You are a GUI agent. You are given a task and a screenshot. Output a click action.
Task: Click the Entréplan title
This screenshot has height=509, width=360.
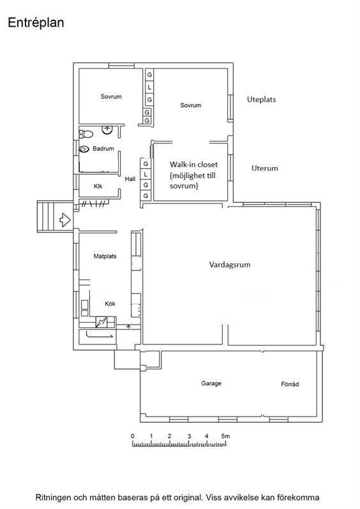(x=36, y=23)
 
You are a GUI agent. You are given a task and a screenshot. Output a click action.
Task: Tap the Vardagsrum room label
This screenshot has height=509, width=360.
(x=230, y=265)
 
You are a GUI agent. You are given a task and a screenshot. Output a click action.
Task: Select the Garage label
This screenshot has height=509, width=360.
(x=211, y=383)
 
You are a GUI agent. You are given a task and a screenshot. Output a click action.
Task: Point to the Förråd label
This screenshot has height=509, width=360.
(x=290, y=384)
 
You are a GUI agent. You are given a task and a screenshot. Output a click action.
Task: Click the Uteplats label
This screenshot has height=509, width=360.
(x=262, y=100)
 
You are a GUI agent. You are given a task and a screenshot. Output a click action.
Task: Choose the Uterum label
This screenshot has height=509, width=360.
(x=265, y=168)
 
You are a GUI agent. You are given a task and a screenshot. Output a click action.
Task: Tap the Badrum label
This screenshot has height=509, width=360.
(x=103, y=149)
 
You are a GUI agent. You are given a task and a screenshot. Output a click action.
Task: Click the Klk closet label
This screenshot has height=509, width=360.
(x=98, y=186)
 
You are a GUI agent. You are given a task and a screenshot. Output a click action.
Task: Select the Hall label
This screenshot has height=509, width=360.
(x=130, y=179)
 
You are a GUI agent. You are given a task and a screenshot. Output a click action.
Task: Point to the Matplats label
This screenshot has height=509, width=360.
(x=105, y=256)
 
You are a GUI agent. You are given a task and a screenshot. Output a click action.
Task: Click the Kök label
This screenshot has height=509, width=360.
(x=110, y=304)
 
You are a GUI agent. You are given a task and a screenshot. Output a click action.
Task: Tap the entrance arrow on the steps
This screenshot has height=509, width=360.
(x=65, y=220)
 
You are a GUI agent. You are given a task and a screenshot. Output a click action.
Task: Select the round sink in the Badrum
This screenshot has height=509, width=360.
(x=107, y=129)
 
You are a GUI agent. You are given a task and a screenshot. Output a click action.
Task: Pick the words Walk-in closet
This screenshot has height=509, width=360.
(x=193, y=165)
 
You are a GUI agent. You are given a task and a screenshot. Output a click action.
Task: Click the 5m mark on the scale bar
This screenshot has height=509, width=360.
(x=225, y=436)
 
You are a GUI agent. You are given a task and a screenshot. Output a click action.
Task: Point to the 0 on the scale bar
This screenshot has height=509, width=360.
(x=133, y=436)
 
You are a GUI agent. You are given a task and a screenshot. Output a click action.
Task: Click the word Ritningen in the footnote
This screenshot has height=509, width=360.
(x=52, y=498)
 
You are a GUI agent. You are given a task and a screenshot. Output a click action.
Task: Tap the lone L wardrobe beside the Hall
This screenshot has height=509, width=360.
(x=146, y=174)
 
